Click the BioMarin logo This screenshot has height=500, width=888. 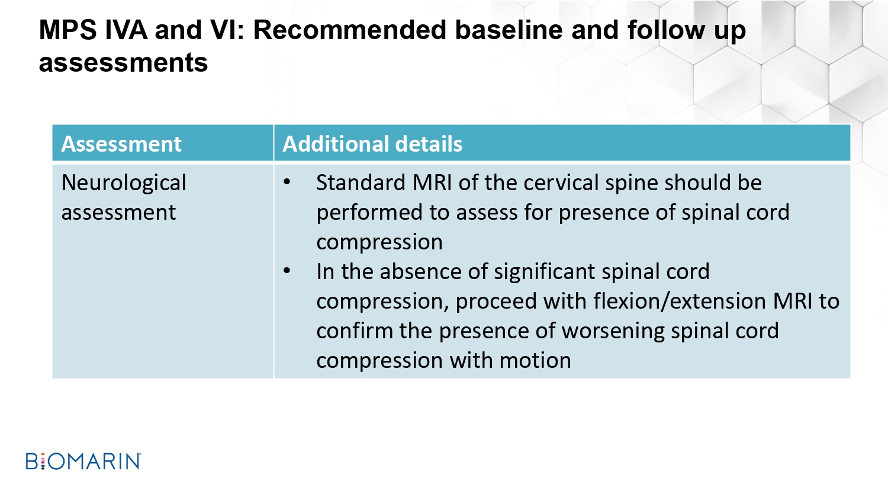tap(83, 461)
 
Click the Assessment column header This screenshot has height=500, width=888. tap(121, 143)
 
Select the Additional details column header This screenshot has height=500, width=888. tap(372, 143)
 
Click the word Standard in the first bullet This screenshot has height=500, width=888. tap(361, 182)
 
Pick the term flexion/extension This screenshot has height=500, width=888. tap(680, 302)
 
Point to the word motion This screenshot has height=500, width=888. tap(535, 361)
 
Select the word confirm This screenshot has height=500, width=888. tap(355, 331)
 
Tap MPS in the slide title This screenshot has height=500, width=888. tap(68, 30)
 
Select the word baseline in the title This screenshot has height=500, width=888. tap(509, 30)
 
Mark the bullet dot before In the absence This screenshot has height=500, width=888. tap(287, 272)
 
